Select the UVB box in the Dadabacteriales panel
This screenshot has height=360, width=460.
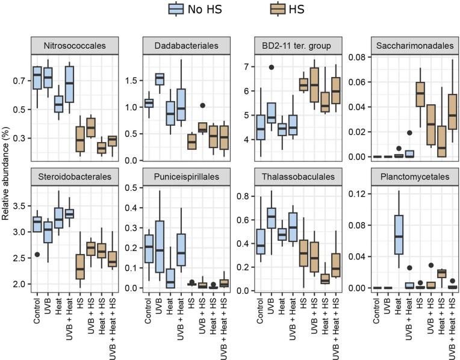(x=160, y=79)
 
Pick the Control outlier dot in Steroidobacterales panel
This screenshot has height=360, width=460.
(x=37, y=255)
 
